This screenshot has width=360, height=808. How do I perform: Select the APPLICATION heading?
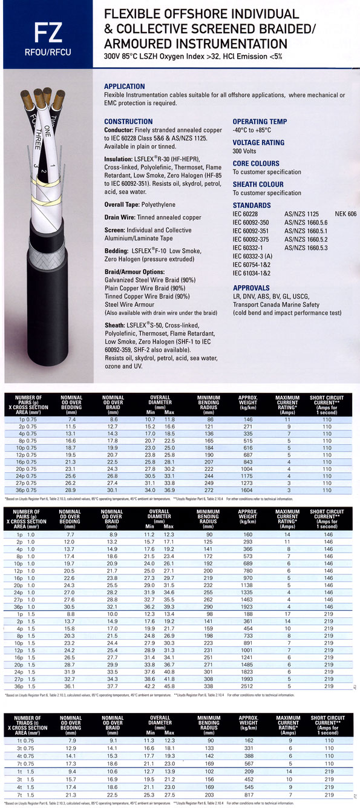125,87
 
